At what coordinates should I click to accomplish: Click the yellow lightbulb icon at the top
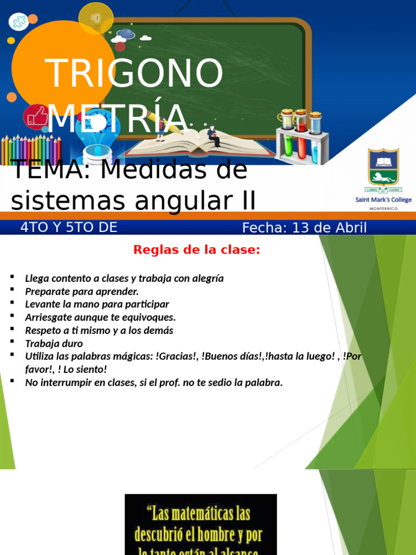tap(96, 18)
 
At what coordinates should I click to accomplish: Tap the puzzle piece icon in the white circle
tap(18, 22)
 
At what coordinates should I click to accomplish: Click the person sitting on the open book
tap(214, 136)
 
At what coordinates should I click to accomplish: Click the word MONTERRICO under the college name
tap(383, 208)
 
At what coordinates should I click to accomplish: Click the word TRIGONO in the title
tap(134, 73)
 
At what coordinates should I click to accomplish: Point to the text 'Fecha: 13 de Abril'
tap(304, 228)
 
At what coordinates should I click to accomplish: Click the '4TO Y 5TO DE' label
tap(69, 228)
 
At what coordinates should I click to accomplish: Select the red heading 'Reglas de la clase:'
tap(197, 250)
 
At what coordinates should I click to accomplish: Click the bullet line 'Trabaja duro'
tap(54, 344)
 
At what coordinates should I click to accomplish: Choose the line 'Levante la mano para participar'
tap(97, 305)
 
